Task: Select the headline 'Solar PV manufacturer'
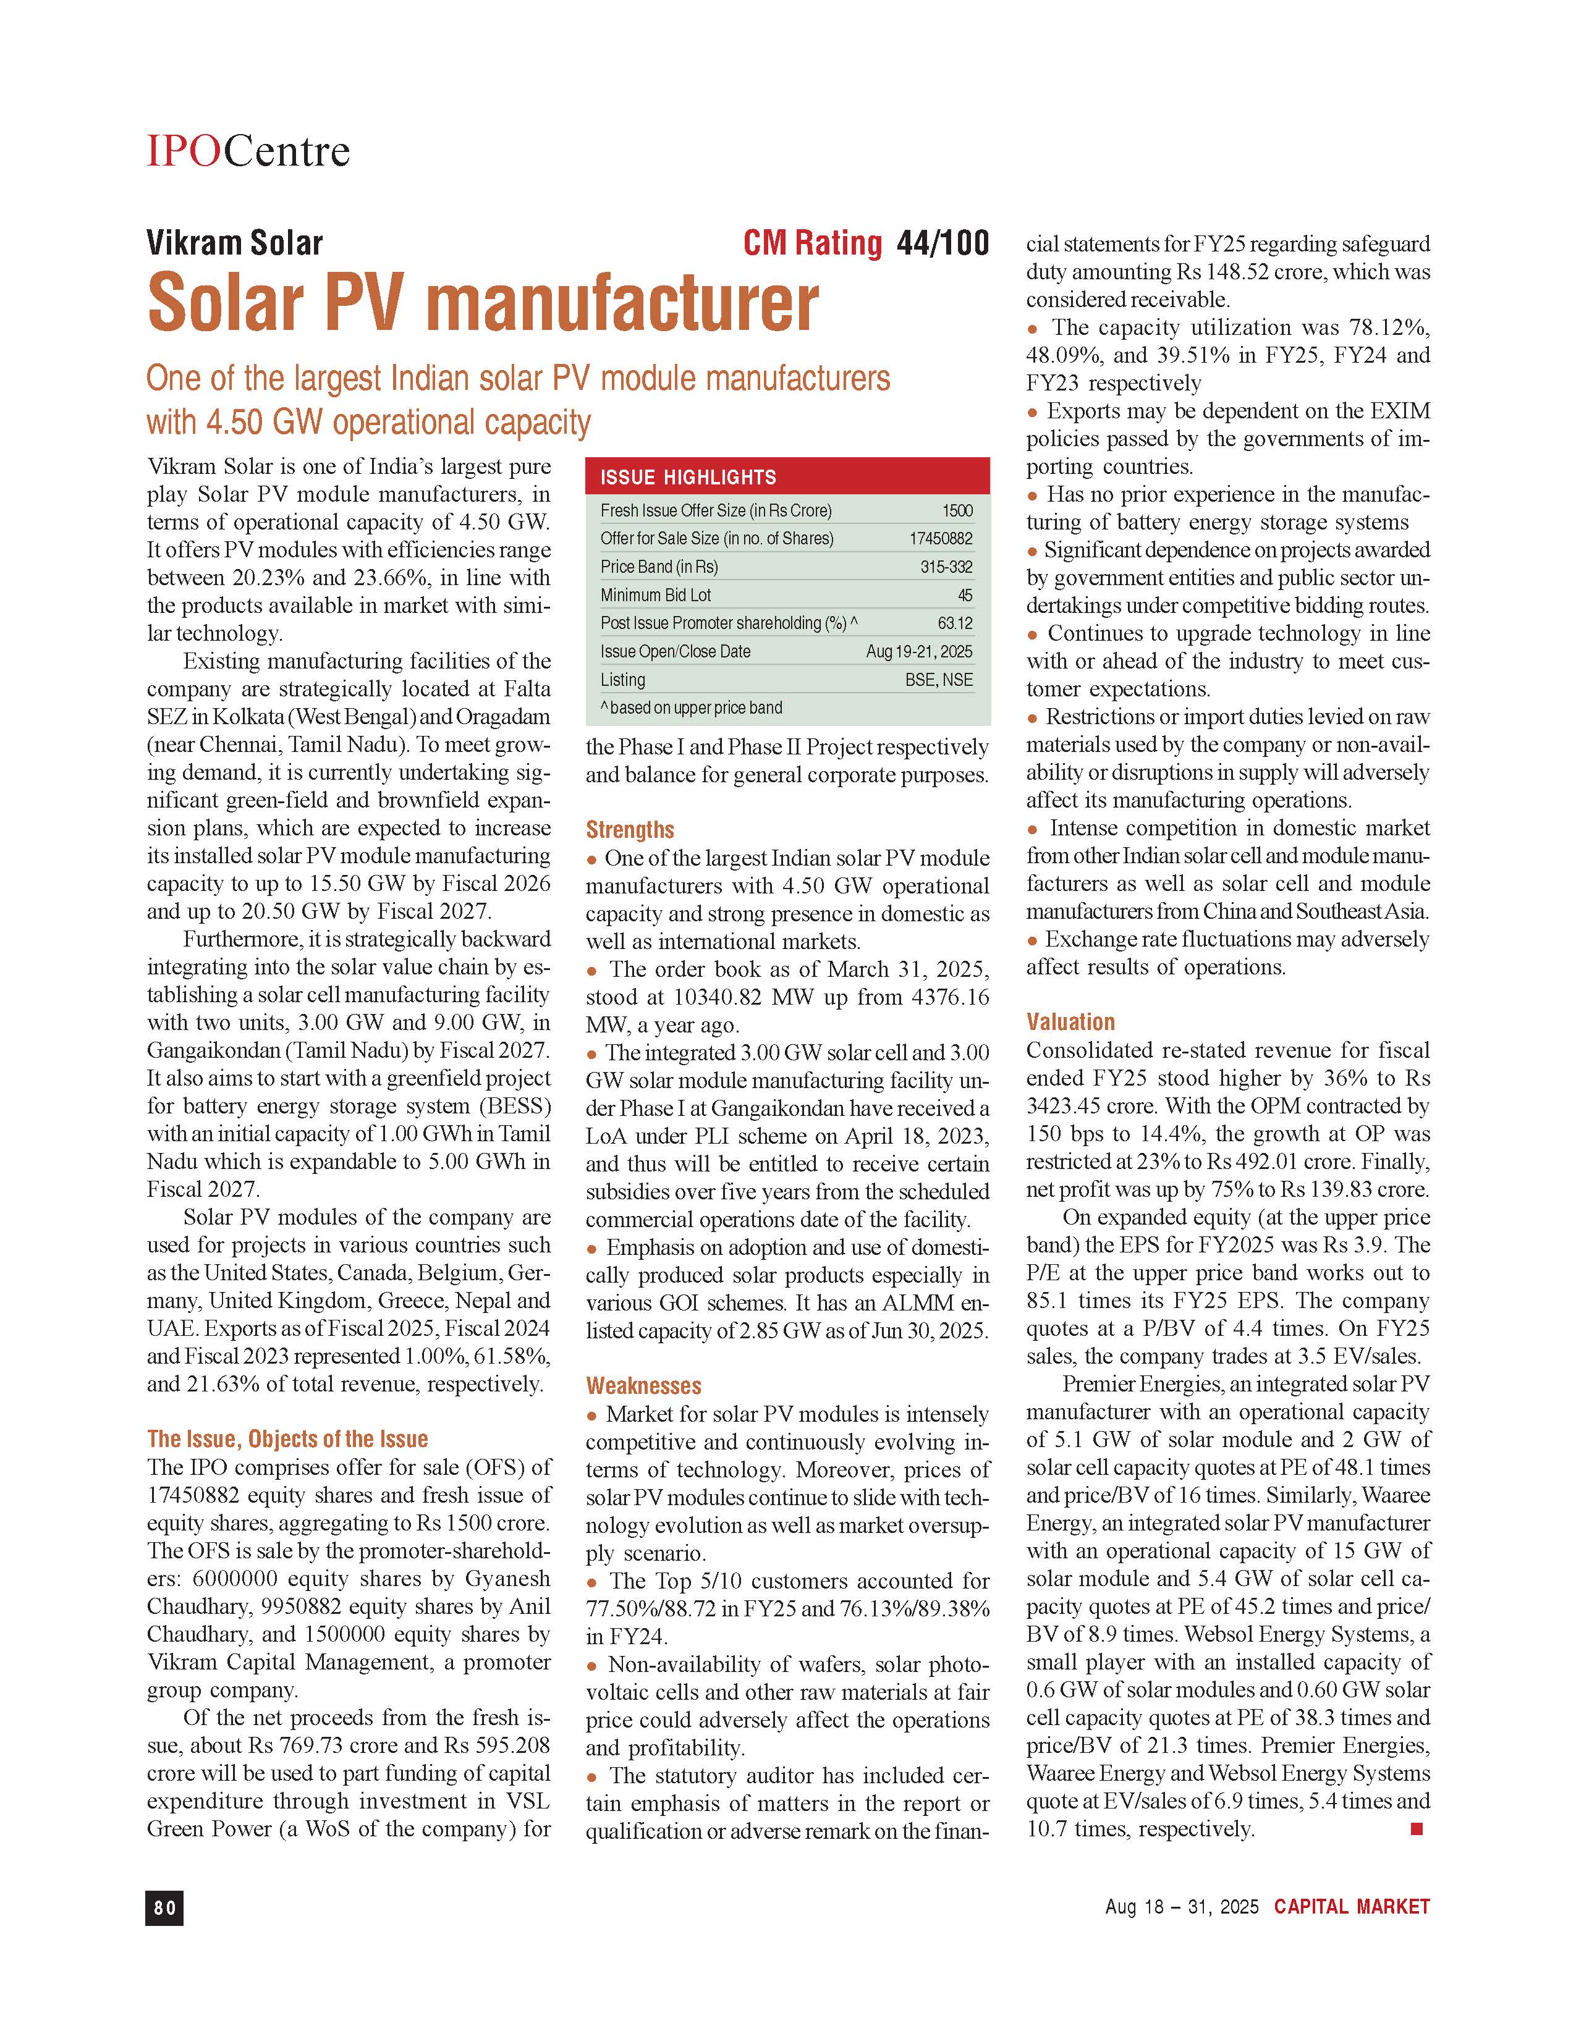tap(483, 303)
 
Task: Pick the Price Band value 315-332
tap(946, 567)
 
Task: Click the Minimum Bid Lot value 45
tap(965, 594)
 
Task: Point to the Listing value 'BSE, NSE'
tap(938, 680)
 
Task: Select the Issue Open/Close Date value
tap(918, 652)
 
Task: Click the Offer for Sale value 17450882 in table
tap(940, 539)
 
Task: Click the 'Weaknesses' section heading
tap(643, 1385)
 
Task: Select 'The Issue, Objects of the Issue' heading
tap(287, 1438)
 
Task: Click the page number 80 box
tap(164, 1908)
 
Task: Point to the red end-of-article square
tap(1415, 1829)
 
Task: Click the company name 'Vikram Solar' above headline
tap(234, 243)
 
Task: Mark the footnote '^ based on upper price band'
tap(691, 707)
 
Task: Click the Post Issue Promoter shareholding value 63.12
tap(954, 623)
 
